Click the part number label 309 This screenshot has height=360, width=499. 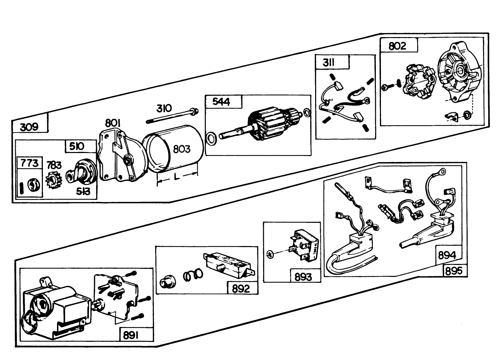[29, 127]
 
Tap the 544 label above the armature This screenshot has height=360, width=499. [221, 102]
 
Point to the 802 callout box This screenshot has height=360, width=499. [397, 46]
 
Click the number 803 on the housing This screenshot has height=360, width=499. [182, 149]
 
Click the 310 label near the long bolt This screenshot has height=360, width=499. [164, 108]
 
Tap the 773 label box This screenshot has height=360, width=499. [30, 163]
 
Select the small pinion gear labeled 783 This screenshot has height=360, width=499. [54, 180]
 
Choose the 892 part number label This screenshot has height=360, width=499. [241, 288]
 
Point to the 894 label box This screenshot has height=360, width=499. [447, 255]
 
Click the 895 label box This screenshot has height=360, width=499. [454, 271]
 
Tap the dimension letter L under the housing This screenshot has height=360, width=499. [177, 176]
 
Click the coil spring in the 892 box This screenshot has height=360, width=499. [193, 275]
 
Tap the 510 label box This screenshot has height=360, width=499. [77, 146]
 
